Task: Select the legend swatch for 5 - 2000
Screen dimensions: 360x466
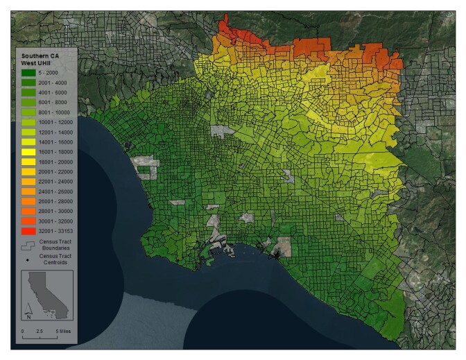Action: pos(28,72)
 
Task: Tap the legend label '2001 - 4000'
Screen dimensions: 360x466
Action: pos(52,82)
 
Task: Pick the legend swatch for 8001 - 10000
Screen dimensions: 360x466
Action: pos(28,111)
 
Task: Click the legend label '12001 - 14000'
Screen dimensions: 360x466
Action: pos(53,130)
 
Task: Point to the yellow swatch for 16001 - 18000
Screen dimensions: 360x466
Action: pos(28,151)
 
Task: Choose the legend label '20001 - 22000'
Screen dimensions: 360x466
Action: pos(53,170)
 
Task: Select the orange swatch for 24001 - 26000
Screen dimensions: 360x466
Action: pos(28,189)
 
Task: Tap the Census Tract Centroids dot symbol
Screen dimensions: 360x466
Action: pos(28,260)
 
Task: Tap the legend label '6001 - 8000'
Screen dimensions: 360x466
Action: pos(52,101)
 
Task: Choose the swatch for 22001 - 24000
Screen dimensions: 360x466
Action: pos(28,180)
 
